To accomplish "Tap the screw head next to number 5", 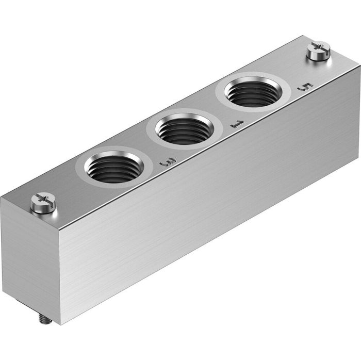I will point(318,50).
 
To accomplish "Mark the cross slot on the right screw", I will point(318,48).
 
